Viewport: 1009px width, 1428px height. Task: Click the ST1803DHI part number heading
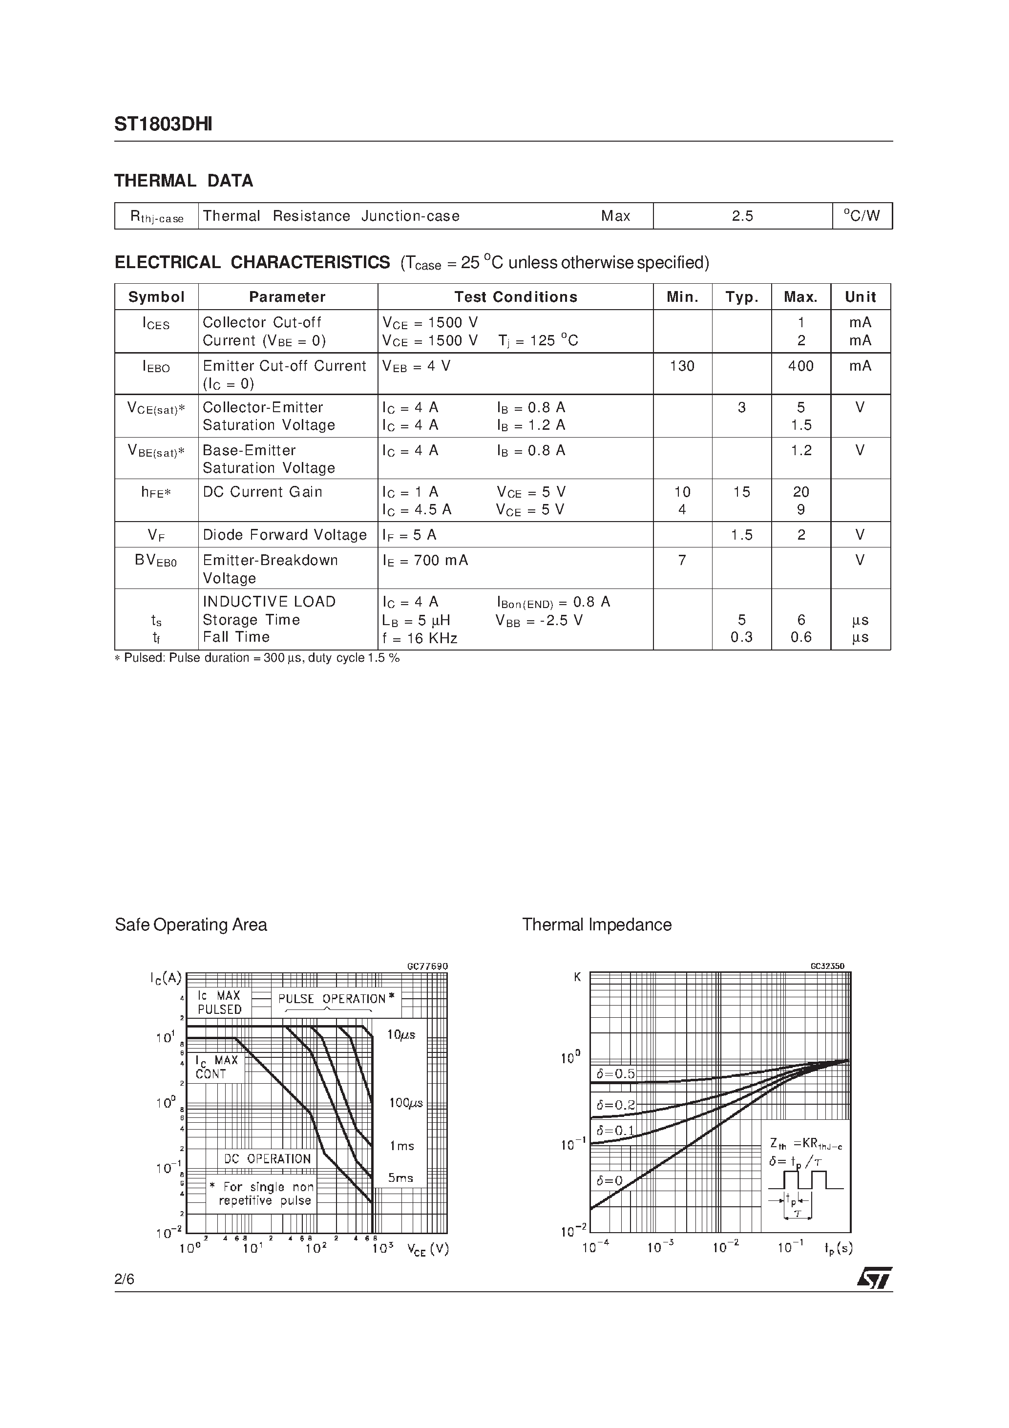click(x=163, y=125)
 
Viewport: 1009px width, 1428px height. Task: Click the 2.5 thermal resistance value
click(x=742, y=216)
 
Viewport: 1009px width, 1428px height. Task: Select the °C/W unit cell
click(x=862, y=216)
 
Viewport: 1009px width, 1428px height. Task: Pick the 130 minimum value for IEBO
click(x=682, y=366)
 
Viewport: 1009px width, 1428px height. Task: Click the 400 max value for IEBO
click(x=800, y=366)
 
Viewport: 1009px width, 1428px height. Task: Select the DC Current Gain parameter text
click(x=263, y=492)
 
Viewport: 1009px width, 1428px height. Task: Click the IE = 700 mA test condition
click(x=425, y=560)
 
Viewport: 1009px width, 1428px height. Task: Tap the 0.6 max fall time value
click(x=800, y=637)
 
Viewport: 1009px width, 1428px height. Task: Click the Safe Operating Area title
click(x=191, y=925)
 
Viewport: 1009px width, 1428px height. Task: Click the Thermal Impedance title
click(x=597, y=925)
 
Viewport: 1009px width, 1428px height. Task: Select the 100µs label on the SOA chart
click(x=405, y=1103)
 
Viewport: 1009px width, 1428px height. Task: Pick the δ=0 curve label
click(x=609, y=1180)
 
